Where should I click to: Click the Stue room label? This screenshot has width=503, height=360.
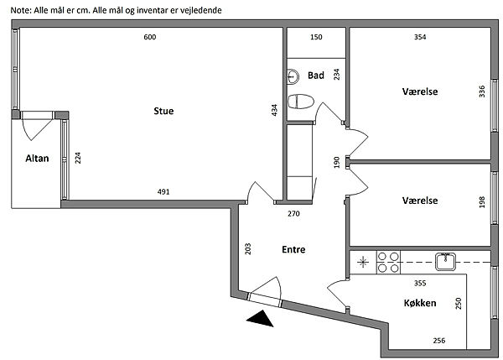click(x=163, y=112)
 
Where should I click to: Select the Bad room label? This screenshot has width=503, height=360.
click(x=316, y=76)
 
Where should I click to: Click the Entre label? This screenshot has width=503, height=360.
click(x=293, y=249)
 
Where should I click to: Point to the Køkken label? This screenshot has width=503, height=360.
click(x=419, y=303)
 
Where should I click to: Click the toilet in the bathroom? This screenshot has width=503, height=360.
click(x=299, y=102)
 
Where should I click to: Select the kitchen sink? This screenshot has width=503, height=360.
click(x=444, y=261)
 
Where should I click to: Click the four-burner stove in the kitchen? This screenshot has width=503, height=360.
click(x=389, y=262)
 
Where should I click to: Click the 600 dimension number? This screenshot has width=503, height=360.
click(x=149, y=38)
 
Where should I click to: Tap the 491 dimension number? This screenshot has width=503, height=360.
click(x=164, y=192)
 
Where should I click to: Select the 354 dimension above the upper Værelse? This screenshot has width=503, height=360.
click(x=421, y=38)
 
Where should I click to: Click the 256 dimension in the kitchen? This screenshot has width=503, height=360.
click(x=438, y=340)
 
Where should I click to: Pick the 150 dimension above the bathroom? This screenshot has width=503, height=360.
click(x=316, y=38)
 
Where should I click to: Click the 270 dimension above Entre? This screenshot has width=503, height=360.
click(x=294, y=213)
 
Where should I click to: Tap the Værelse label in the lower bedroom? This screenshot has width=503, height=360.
click(x=421, y=201)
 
